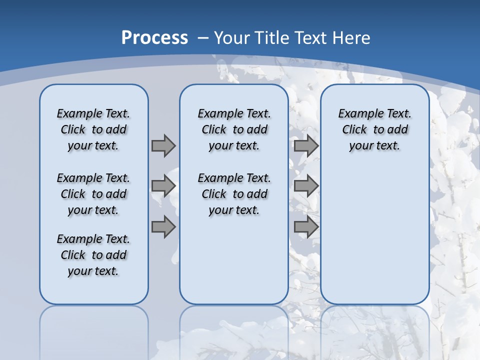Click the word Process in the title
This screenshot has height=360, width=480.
pos(154,38)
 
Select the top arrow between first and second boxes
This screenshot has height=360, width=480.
pos(163,145)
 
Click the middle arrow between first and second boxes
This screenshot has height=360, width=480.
pos(163,186)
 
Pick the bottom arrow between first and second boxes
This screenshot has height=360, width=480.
pos(163,227)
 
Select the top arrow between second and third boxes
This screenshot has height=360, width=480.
pos(306,145)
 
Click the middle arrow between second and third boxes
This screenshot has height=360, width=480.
pos(306,186)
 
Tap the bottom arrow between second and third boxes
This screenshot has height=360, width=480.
pos(306,227)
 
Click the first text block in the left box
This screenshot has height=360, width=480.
pos(93,129)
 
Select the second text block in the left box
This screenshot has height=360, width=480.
pos(93,194)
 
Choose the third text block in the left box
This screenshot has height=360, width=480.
pos(93,255)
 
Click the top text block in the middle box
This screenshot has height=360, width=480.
pos(234,129)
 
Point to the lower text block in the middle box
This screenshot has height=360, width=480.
pos(234,194)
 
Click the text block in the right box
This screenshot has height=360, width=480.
pos(374,129)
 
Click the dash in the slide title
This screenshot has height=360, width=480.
pos(203,38)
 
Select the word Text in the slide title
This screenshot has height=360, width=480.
pos(309,38)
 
